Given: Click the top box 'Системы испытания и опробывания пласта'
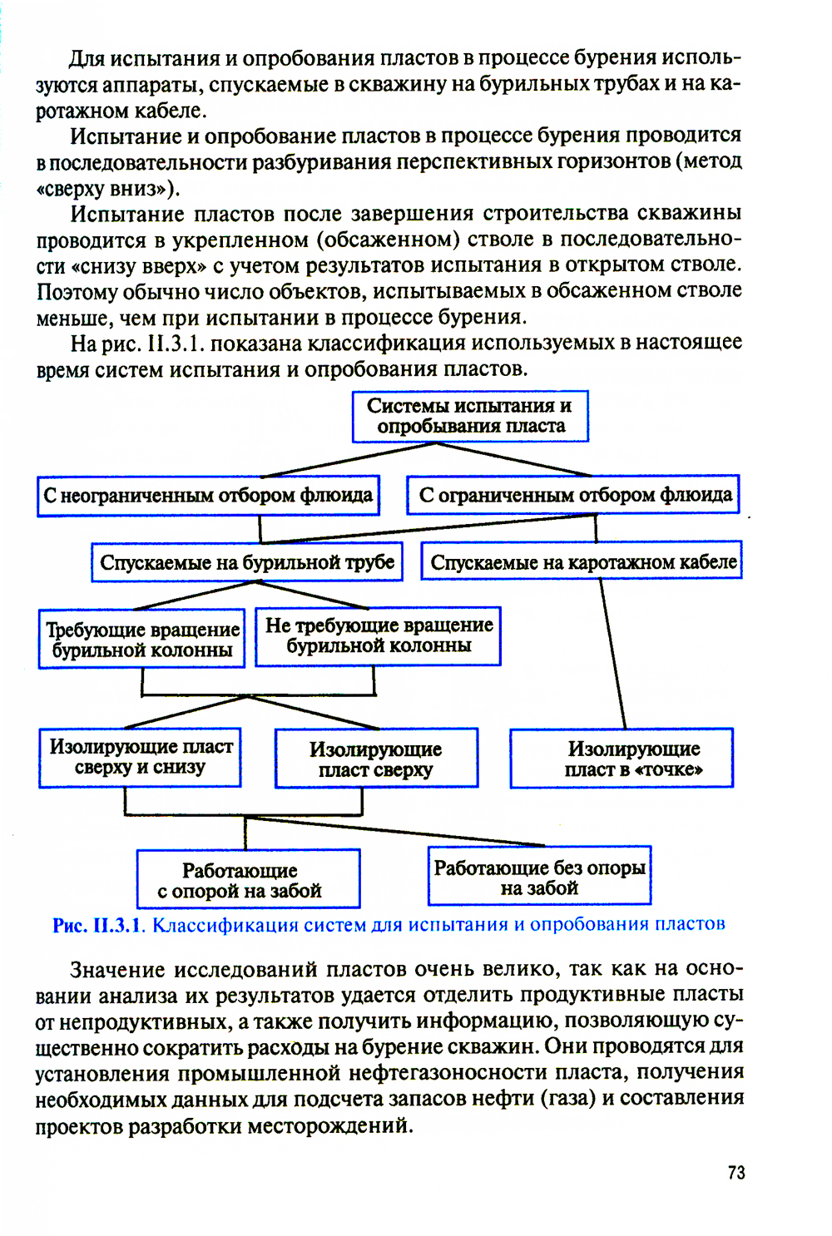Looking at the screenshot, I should (x=470, y=416).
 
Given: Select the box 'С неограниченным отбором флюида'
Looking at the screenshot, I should (x=208, y=496).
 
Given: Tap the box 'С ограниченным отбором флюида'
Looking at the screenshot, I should (x=574, y=495).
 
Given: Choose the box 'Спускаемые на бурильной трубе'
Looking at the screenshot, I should (x=247, y=562).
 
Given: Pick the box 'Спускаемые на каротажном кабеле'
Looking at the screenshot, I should (x=582, y=562).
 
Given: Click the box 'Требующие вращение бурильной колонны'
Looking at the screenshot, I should (x=141, y=639).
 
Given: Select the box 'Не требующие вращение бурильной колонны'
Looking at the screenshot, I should (x=379, y=635).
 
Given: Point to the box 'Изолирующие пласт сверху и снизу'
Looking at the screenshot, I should (x=140, y=757).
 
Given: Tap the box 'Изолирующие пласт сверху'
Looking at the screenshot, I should (x=376, y=759).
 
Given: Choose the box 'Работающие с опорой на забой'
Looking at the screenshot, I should (x=248, y=879).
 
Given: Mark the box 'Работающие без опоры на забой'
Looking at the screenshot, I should (x=539, y=877).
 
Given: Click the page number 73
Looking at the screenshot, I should (x=736, y=1173).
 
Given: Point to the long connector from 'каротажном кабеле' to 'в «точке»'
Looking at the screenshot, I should (x=613, y=654).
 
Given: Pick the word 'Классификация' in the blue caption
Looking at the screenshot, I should (x=224, y=925).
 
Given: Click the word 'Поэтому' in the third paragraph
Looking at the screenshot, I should (x=77, y=292).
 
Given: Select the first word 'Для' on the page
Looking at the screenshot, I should (x=87, y=58).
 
